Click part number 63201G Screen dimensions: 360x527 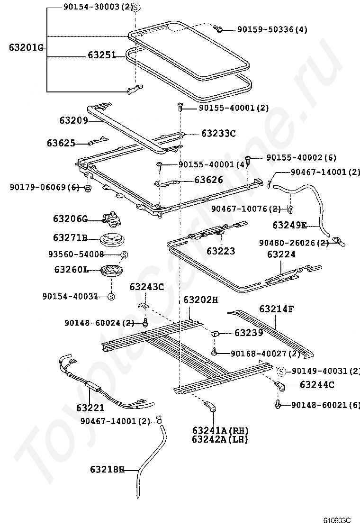click(x=26, y=47)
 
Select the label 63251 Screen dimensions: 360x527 click(x=102, y=55)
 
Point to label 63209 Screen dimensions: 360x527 click(x=73, y=120)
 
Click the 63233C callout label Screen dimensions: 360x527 click(x=218, y=133)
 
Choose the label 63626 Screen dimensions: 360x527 click(x=208, y=180)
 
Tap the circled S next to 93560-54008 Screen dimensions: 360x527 click(x=124, y=254)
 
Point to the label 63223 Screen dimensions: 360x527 click(x=221, y=251)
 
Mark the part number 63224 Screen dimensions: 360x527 click(x=281, y=254)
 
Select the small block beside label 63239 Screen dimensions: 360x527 click(x=215, y=333)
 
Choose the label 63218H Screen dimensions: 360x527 click(x=107, y=470)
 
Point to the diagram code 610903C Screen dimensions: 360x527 click(x=337, y=520)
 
